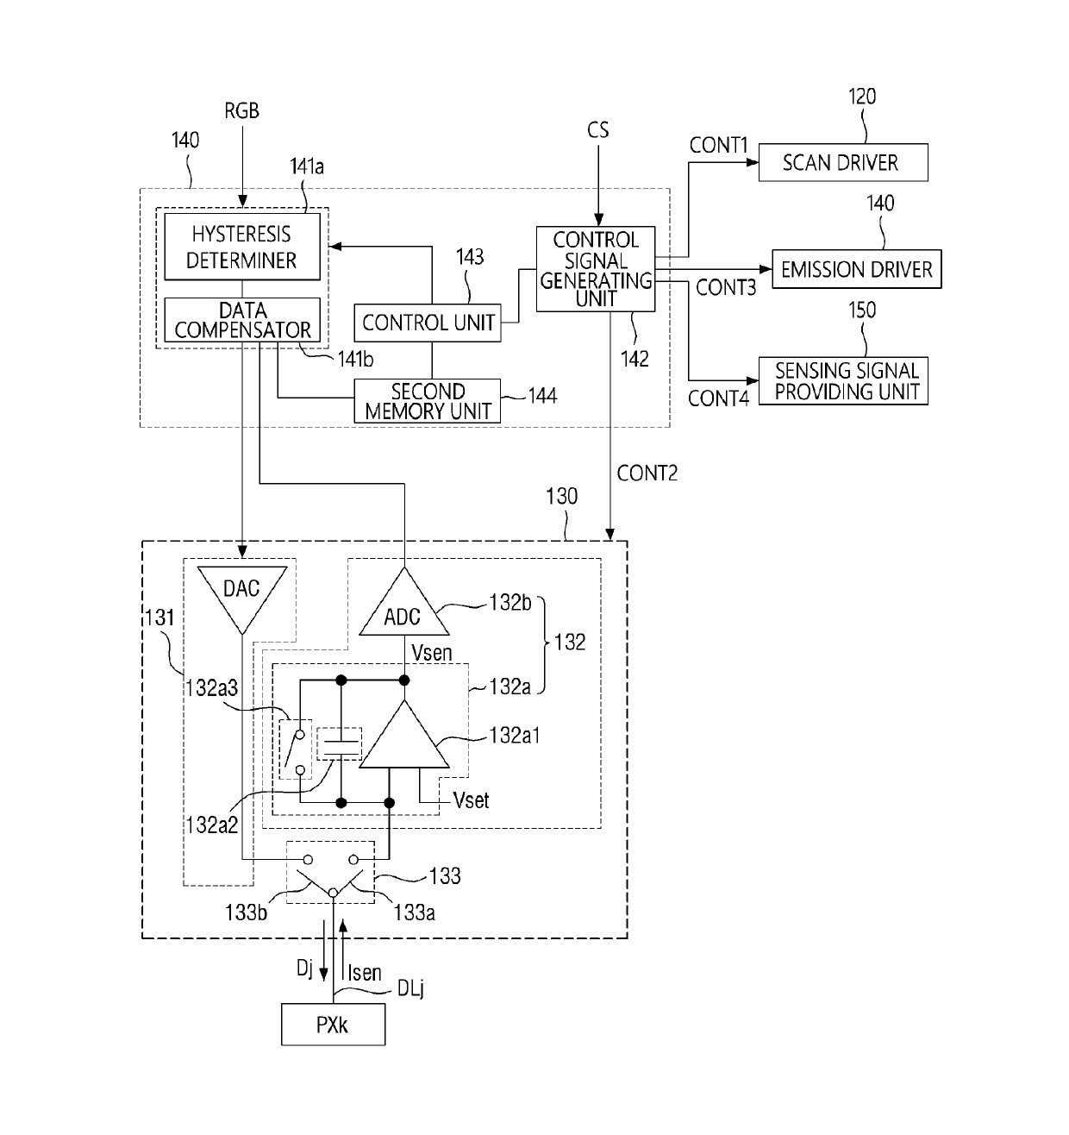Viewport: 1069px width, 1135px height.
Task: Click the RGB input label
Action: tap(241, 111)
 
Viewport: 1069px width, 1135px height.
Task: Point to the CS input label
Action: tap(598, 130)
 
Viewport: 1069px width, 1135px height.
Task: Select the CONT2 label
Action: tap(647, 473)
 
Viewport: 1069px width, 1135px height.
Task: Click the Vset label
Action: tap(471, 800)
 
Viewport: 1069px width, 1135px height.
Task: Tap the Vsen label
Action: tap(431, 653)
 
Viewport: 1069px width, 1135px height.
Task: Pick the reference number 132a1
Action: tap(515, 736)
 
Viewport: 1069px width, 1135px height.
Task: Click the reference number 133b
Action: tap(246, 912)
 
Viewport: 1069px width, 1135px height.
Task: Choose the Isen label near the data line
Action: tap(365, 973)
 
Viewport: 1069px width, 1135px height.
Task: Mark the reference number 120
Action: tap(862, 97)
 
